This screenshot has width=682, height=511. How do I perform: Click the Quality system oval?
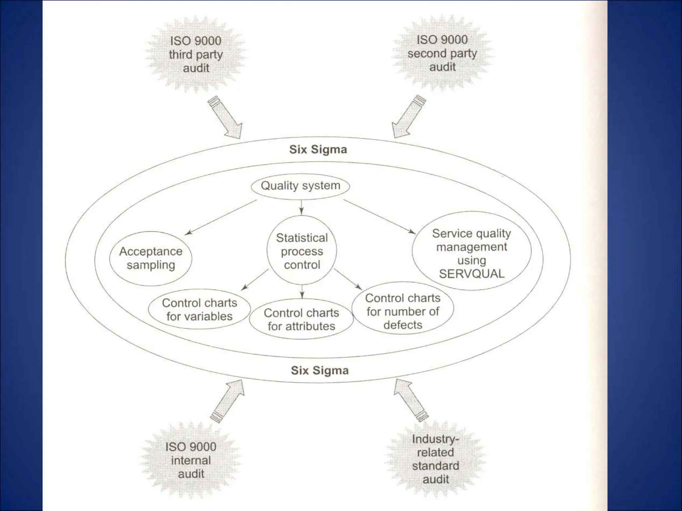tap(300, 186)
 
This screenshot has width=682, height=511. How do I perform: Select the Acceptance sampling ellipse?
tap(151, 258)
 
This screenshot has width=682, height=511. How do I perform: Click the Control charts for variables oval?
tap(199, 309)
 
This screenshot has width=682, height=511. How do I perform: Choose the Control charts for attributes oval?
tap(301, 319)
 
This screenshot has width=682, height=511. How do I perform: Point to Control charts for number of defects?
tap(403, 311)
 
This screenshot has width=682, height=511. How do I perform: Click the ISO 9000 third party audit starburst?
tap(196, 54)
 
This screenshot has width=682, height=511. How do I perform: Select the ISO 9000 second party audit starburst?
tap(442, 53)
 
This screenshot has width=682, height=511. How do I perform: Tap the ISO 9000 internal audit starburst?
tap(191, 460)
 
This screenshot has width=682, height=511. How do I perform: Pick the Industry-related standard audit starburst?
tap(436, 459)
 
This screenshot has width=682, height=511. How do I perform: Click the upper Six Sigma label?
tap(318, 149)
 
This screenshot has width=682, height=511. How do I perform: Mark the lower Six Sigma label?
tap(320, 370)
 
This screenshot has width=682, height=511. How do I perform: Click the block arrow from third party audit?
tap(225, 118)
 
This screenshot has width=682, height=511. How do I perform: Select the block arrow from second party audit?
tap(408, 117)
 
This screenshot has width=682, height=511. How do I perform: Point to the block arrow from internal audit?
tap(227, 401)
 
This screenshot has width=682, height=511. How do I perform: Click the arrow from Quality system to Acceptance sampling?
tap(221, 217)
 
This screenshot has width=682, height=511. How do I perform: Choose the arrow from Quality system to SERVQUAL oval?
tap(379, 217)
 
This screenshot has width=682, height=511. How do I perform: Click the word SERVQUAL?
tap(472, 274)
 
